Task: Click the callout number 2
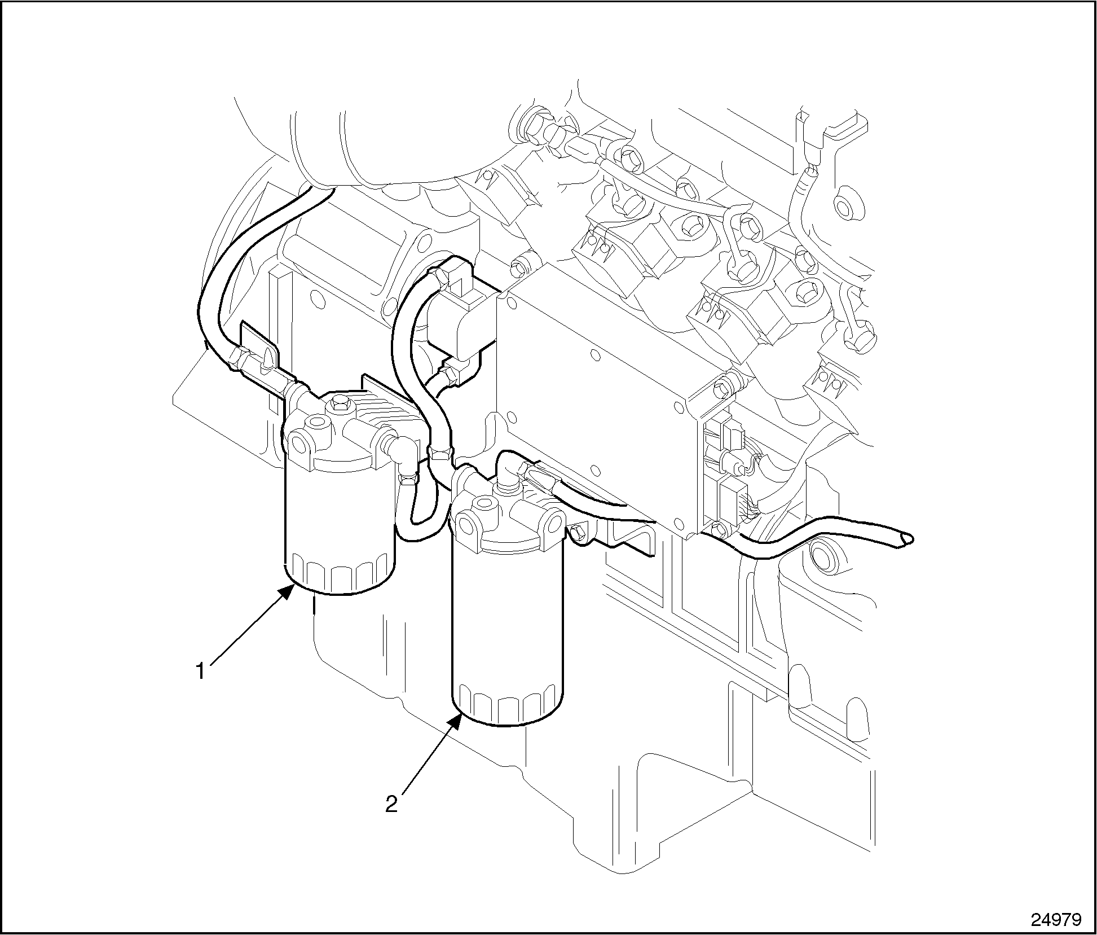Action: pyautogui.click(x=391, y=804)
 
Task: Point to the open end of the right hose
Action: pyautogui.click(x=906, y=539)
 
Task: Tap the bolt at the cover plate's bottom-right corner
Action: pyautogui.click(x=718, y=529)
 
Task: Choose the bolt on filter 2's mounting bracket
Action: pyautogui.click(x=578, y=532)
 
